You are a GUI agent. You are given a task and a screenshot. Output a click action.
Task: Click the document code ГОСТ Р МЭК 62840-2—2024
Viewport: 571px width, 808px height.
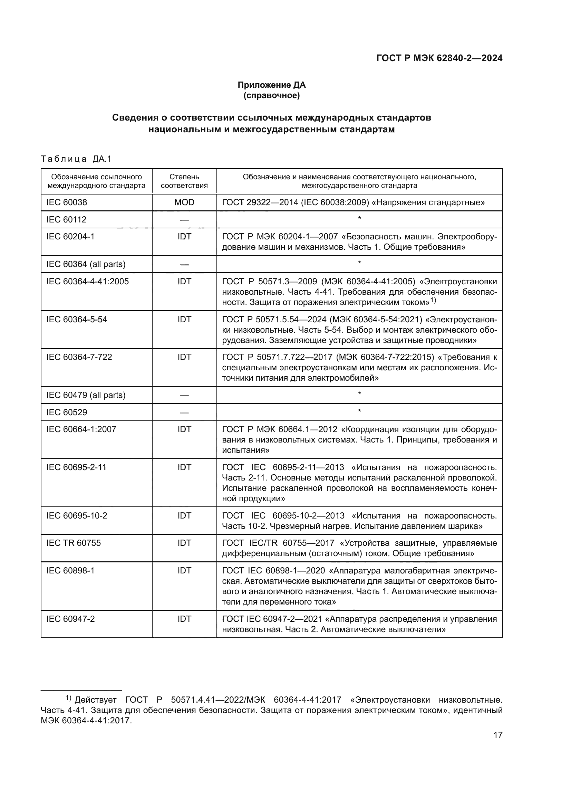[x=439, y=58]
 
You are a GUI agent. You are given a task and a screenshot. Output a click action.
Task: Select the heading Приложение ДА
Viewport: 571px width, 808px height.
[x=271, y=85]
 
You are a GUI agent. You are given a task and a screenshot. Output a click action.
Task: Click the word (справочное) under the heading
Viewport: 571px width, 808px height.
[x=271, y=95]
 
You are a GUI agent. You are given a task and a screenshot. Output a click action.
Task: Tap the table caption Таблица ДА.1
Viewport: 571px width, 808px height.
[x=76, y=159]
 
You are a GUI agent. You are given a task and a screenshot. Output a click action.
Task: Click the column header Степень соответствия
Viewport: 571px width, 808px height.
[x=184, y=181]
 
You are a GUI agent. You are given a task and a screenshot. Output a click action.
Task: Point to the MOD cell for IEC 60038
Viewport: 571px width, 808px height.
[x=184, y=202]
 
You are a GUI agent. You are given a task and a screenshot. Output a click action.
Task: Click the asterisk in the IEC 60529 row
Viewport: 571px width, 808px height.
[x=359, y=411]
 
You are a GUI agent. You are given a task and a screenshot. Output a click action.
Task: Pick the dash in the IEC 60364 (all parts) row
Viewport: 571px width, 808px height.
[x=184, y=264]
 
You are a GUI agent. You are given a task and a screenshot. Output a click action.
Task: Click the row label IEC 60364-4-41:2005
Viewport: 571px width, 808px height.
[x=88, y=282]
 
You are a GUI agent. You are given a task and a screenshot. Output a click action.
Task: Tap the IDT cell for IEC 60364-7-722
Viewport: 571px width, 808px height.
[x=184, y=357]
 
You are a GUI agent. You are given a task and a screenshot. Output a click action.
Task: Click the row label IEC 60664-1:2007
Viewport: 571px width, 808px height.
[x=81, y=429]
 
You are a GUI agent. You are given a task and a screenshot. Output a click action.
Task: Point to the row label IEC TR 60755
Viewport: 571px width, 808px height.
[x=74, y=543]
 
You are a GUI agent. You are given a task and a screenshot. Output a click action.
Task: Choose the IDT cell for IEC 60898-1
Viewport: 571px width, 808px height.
[x=184, y=570]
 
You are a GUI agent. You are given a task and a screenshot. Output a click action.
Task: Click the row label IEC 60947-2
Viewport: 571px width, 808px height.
[x=71, y=619]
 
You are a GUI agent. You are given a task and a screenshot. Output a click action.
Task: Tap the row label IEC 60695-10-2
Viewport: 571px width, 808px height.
[x=77, y=516]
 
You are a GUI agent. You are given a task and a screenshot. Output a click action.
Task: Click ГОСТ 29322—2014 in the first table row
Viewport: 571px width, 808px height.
[x=260, y=202]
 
